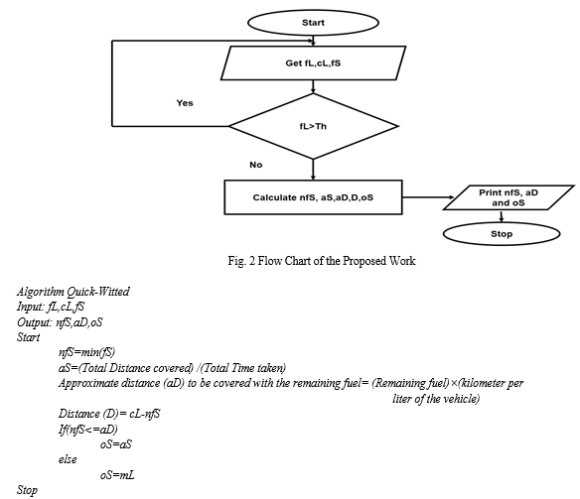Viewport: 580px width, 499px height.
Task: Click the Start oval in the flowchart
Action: [x=313, y=23]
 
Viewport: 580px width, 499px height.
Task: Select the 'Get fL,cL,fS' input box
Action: [x=313, y=63]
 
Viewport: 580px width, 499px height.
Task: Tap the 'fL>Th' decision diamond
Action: [x=313, y=126]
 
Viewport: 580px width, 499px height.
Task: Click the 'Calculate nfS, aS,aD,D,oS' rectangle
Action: [x=313, y=197]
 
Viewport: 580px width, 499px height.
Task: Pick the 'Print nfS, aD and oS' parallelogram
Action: [x=508, y=197]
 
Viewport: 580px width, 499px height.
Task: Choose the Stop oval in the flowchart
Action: [x=502, y=234]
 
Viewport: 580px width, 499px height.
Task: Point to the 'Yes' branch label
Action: [x=185, y=103]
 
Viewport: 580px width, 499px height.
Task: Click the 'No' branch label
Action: [x=256, y=165]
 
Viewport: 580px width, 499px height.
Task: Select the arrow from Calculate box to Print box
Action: [x=428, y=197]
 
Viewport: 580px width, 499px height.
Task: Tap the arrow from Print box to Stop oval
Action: [x=502, y=216]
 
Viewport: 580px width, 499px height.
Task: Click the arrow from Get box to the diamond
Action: [x=313, y=86]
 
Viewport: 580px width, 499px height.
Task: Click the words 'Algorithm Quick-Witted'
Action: [x=73, y=292]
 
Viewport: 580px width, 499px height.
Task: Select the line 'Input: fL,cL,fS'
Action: [x=51, y=307]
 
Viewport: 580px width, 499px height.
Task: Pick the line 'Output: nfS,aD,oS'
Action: [x=60, y=322]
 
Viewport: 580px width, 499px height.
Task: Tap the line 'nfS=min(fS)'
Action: [x=87, y=352]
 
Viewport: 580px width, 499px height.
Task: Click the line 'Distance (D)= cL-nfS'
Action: [x=109, y=414]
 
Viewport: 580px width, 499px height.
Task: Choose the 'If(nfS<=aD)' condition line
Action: [x=88, y=430]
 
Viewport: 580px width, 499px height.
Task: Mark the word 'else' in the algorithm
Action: [x=68, y=459]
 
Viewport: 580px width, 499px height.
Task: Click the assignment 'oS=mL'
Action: [x=117, y=475]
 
